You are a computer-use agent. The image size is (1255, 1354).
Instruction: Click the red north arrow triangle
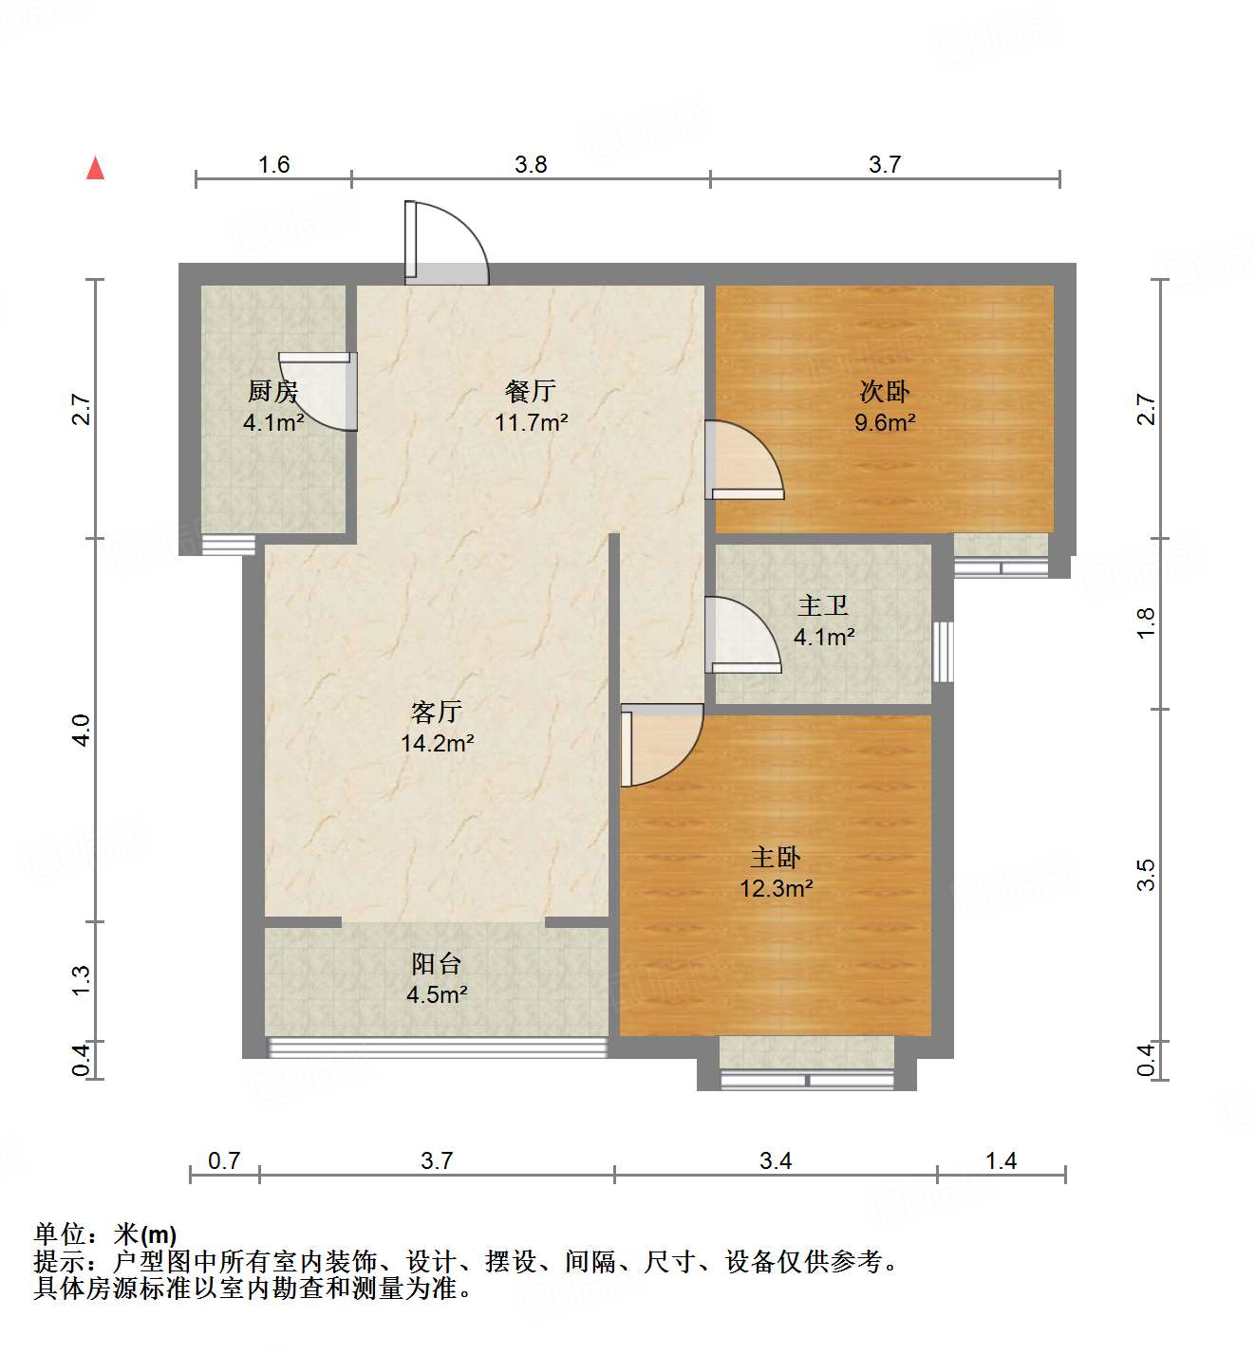pyautogui.click(x=95, y=169)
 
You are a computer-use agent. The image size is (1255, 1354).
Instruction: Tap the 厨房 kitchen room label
pyautogui.click(x=272, y=391)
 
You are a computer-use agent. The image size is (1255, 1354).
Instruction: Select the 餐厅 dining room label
pyautogui.click(x=530, y=390)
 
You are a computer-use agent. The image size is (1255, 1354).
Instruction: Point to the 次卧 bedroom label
pyautogui.click(x=884, y=391)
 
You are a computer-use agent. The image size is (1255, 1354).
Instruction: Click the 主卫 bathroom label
pyautogui.click(x=822, y=605)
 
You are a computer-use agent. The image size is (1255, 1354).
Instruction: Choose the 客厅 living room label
pyautogui.click(x=436, y=712)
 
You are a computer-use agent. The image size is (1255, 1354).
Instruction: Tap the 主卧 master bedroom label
pyautogui.click(x=776, y=858)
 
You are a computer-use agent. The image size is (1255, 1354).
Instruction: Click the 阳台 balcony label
pyautogui.click(x=436, y=964)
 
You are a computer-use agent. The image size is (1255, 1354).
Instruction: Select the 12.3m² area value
pyautogui.click(x=777, y=889)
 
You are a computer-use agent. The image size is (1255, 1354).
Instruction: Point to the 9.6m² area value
pyautogui.click(x=884, y=422)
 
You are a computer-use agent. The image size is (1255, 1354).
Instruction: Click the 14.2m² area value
pyautogui.click(x=437, y=743)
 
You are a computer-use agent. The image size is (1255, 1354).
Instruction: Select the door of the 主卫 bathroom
pyautogui.click(x=741, y=634)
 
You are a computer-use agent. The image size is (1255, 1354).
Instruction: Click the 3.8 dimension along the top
pyautogui.click(x=531, y=164)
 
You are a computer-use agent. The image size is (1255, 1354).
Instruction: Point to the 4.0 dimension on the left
pyautogui.click(x=81, y=730)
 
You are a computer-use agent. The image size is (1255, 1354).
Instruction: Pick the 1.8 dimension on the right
pyautogui.click(x=1146, y=622)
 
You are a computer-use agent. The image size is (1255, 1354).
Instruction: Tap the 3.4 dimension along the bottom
pyautogui.click(x=775, y=1160)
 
